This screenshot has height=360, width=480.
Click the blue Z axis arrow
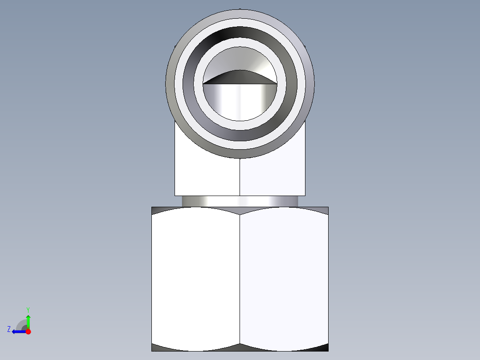(18, 331)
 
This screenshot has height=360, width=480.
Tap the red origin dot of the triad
(28, 331)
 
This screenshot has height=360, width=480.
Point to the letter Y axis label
(28, 309)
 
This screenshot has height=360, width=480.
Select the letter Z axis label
(9, 329)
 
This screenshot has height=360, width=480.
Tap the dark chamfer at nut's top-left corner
(157, 210)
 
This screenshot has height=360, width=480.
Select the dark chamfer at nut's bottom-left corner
(157, 348)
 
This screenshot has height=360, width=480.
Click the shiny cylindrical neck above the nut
(240, 201)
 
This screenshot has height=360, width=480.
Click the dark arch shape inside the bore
(240, 78)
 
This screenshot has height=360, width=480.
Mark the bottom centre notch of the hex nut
(240, 345)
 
